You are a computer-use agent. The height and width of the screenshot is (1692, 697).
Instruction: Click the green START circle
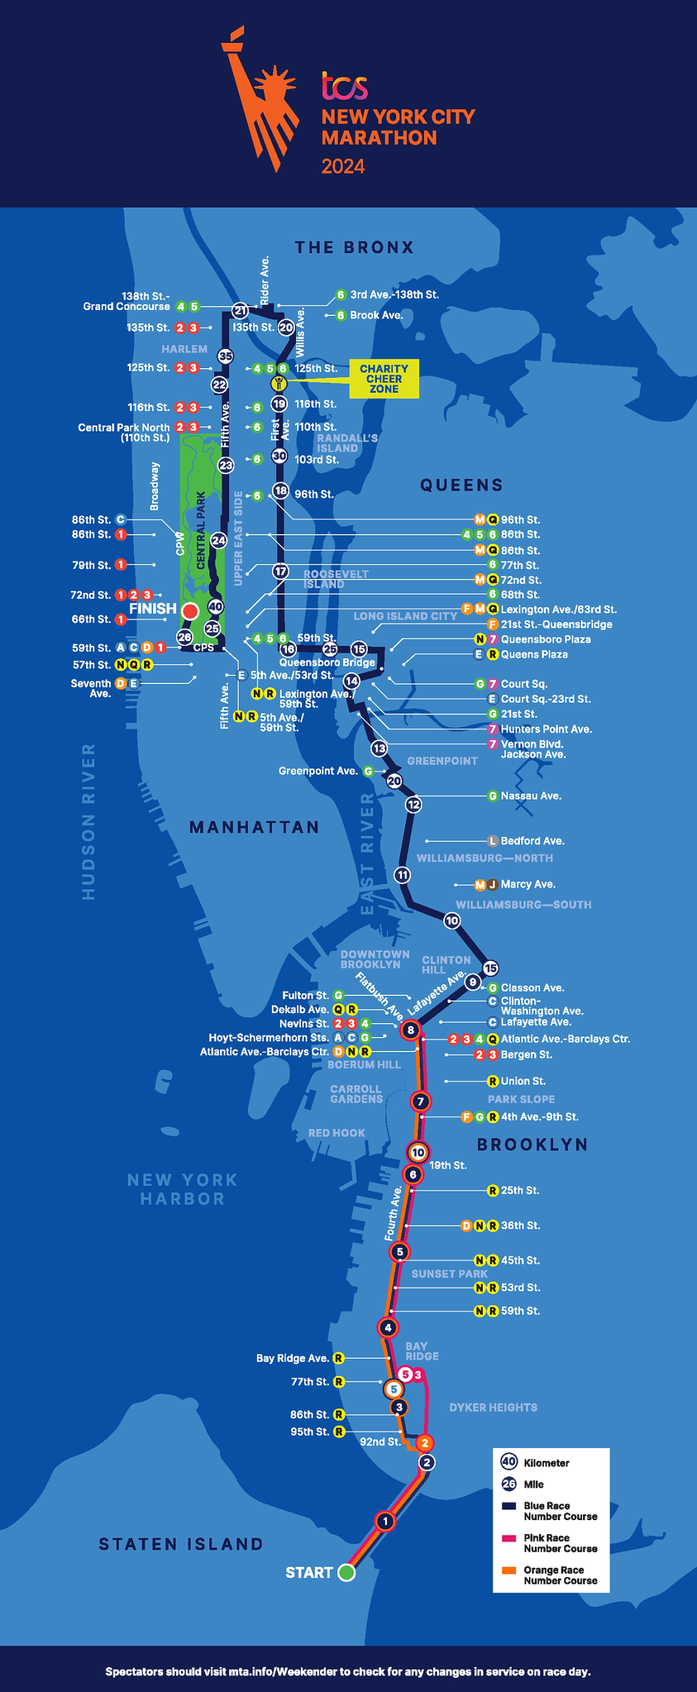(347, 1572)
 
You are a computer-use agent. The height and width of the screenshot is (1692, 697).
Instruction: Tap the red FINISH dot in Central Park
(190, 611)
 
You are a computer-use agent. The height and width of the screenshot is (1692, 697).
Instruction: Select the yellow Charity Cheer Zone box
(384, 379)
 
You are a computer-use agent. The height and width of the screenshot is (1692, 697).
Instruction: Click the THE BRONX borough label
(354, 248)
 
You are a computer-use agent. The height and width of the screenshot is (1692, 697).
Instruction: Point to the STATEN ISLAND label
(181, 1545)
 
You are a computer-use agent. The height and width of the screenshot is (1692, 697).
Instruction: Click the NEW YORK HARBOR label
(183, 1189)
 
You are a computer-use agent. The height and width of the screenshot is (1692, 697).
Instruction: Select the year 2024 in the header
(343, 167)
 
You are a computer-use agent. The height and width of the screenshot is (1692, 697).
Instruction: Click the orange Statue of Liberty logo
(259, 99)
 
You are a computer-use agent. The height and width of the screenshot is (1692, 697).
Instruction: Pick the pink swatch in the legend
(509, 1538)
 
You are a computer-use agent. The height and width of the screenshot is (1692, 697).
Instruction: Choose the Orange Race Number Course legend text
(560, 1575)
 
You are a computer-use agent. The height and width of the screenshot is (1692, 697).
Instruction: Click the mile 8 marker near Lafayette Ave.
(411, 1030)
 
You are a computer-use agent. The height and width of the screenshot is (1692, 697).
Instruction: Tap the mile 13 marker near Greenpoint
(379, 748)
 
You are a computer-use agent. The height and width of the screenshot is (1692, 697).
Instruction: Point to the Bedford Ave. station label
(532, 841)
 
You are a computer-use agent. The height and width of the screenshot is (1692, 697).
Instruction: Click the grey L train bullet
(492, 841)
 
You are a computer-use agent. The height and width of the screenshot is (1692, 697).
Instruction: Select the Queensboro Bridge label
(327, 662)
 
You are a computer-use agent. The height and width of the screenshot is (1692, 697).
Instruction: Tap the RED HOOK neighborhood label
(337, 1133)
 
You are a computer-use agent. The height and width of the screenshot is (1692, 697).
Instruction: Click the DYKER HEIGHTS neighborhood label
(493, 1408)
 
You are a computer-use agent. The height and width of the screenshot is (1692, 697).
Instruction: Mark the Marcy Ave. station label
(528, 884)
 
